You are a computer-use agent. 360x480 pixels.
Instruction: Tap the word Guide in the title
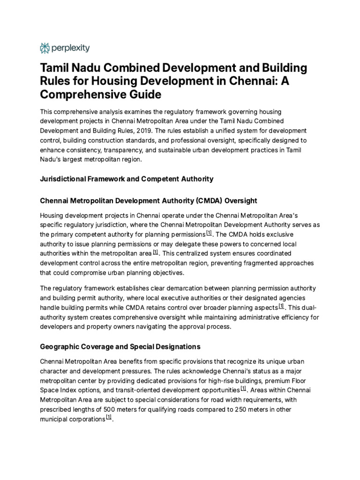145,95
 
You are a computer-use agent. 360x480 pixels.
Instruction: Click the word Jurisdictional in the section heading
64,179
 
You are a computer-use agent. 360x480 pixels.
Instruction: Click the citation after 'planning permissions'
209,233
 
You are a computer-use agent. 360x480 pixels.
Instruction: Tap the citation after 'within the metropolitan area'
156,253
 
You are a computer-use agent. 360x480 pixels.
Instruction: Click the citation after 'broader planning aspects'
281,307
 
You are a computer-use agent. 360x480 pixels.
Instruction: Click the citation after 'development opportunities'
243,389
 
